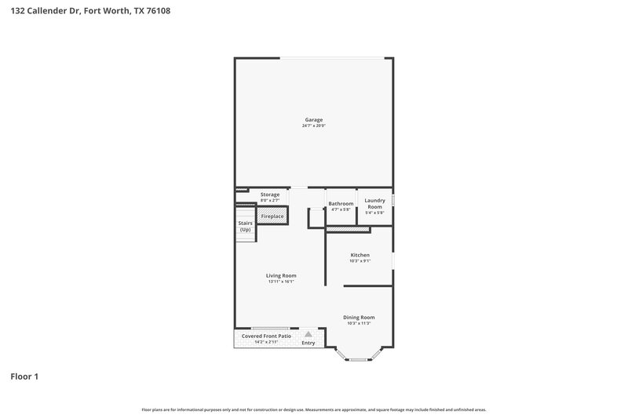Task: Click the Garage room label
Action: tap(313, 120)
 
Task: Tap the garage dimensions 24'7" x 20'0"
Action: tap(313, 126)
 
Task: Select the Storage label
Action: tap(270, 194)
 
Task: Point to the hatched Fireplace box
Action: tap(272, 216)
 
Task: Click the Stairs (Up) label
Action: tap(245, 227)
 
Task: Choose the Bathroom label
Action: tap(341, 204)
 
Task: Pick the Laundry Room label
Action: tap(374, 204)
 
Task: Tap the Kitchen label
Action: tap(360, 255)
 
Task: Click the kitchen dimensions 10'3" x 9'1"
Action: tap(360, 261)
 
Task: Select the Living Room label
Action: tap(280, 275)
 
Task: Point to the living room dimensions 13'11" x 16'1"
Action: tap(280, 282)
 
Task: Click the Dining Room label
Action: tap(359, 317)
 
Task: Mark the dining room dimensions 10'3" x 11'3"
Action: tap(359, 323)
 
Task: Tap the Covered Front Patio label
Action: tap(266, 336)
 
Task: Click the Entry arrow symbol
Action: tap(308, 333)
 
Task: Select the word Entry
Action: tap(309, 343)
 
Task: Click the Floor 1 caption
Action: tap(24, 377)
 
